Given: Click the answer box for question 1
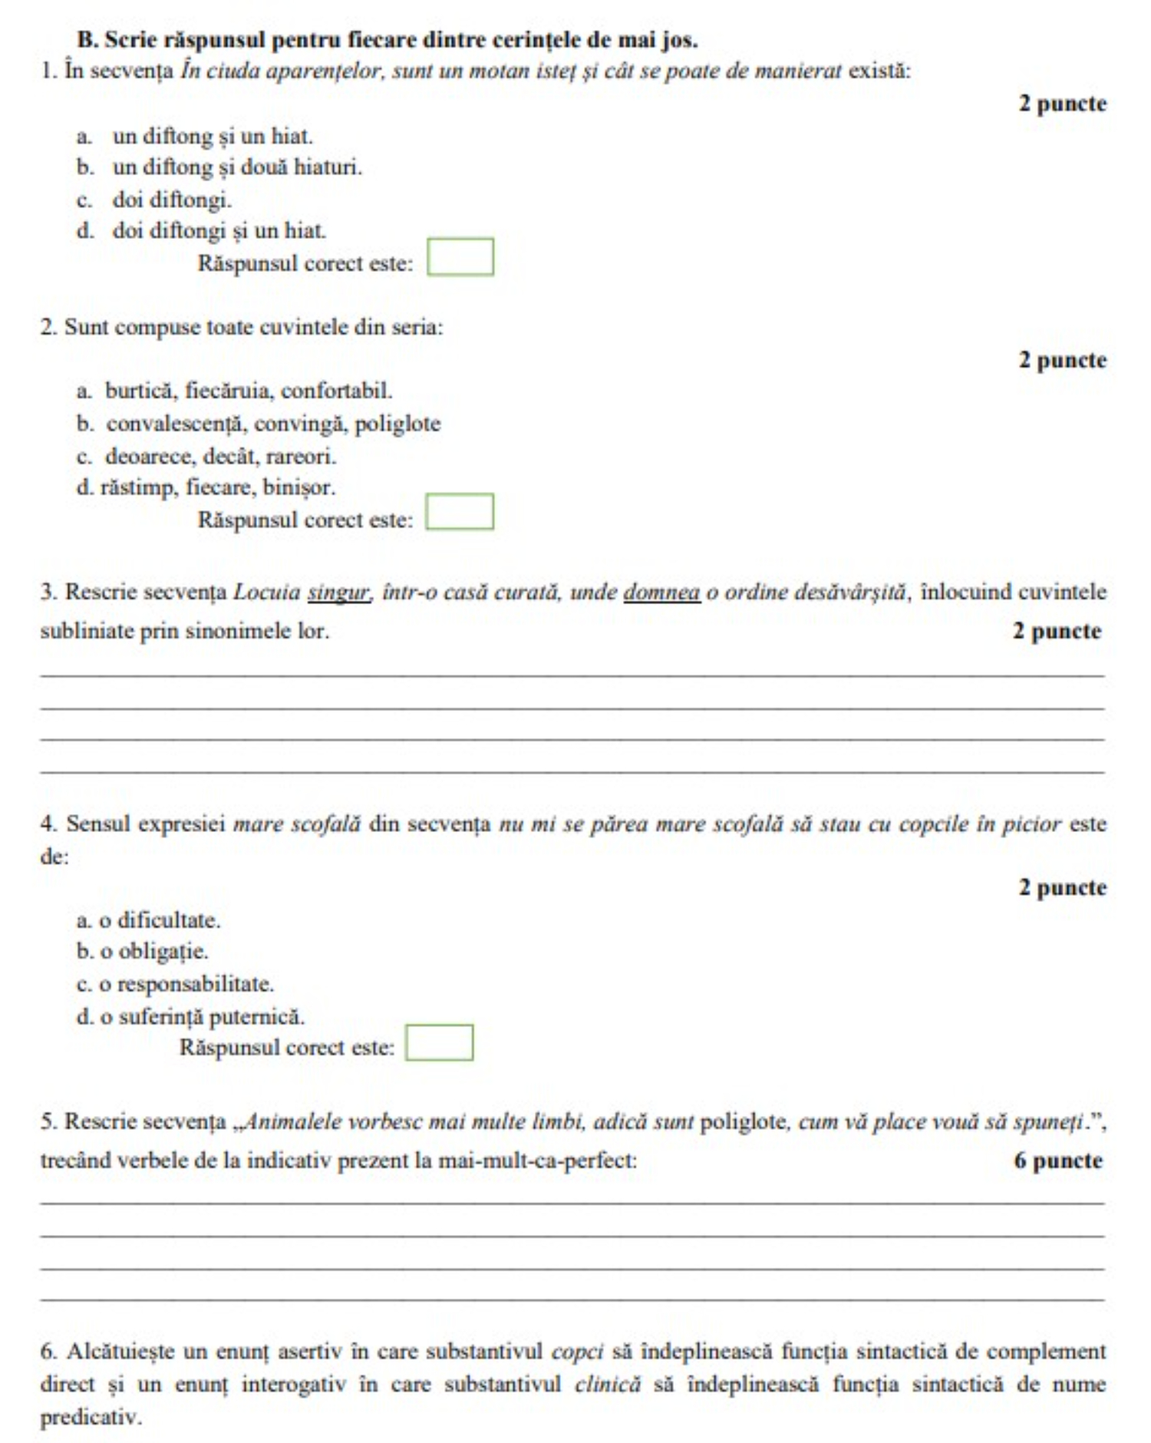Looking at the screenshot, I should point(460,257).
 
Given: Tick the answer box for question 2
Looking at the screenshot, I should point(460,512).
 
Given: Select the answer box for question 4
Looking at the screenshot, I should point(439,1043).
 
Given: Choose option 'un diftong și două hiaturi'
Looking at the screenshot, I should point(237,167).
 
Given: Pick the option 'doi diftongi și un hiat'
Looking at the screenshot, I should point(219,230).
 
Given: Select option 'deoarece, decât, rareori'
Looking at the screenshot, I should point(220,457).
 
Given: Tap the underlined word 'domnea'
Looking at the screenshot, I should point(661,593).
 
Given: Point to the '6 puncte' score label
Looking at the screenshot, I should point(1057,1161).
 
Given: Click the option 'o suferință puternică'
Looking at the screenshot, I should point(202,1017).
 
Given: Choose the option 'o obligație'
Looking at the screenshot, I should point(153,952).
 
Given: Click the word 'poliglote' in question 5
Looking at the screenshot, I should point(744,1121).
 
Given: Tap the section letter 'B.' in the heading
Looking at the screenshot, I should point(87,39).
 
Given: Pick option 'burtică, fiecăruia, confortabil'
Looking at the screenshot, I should point(248,391).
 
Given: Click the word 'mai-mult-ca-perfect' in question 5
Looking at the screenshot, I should point(536,1161).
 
